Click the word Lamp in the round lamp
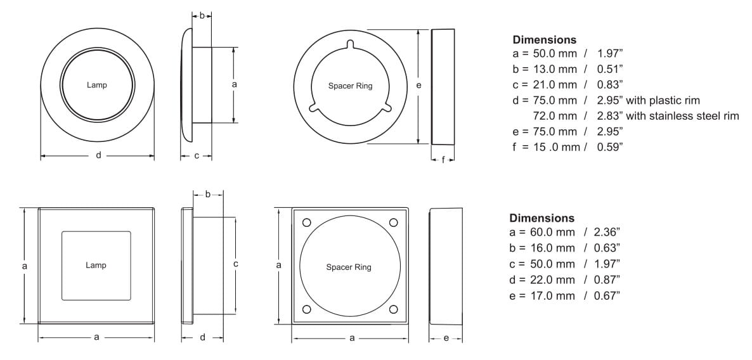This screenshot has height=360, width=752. (97, 86)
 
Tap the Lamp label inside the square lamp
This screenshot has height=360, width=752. (96, 266)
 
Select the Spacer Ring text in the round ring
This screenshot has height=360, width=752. (350, 86)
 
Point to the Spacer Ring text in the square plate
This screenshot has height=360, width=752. (349, 267)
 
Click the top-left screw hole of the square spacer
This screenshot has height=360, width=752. (307, 222)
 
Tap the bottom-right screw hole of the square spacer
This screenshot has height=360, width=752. (393, 309)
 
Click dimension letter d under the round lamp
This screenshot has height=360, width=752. (98, 155)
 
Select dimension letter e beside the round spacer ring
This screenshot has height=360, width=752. (418, 86)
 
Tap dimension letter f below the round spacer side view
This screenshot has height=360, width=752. (443, 160)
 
